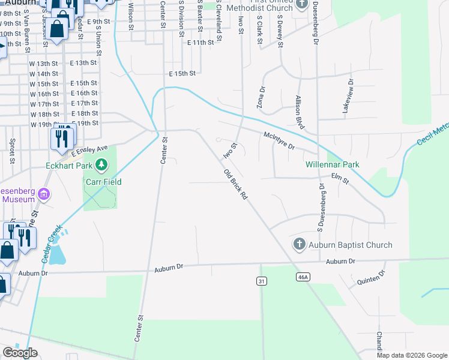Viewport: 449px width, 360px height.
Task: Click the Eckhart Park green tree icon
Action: click(102, 164)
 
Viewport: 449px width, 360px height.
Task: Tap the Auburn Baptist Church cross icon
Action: click(300, 244)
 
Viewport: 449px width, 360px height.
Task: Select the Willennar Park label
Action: click(332, 164)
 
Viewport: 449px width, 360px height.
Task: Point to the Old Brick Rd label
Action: click(235, 184)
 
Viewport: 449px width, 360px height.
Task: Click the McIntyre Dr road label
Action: click(279, 141)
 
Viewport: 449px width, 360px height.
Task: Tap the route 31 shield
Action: click(261, 281)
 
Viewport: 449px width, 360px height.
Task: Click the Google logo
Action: click(20, 353)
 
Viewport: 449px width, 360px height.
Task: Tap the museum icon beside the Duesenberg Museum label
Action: click(43, 194)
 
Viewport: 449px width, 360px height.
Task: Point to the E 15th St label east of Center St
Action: click(182, 74)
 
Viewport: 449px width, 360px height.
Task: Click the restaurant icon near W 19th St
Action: click(62, 139)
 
